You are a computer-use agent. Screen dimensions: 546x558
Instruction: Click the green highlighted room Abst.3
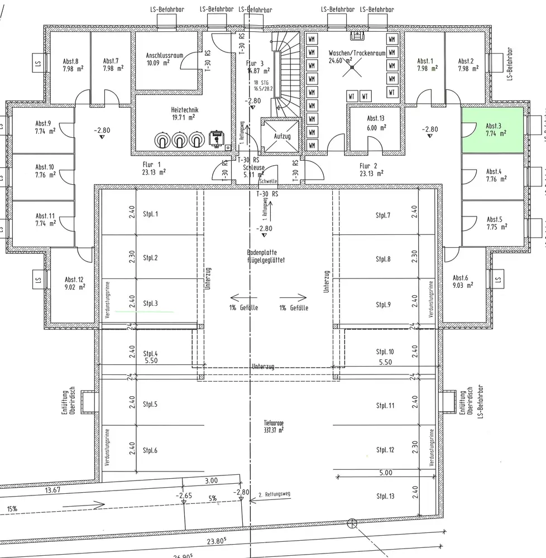[x=492, y=130]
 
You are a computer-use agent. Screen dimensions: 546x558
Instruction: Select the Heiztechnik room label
[x=184, y=114]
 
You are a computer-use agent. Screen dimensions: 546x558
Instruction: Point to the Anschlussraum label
[x=163, y=59]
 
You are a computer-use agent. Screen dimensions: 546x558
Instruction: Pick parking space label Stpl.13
[x=385, y=496]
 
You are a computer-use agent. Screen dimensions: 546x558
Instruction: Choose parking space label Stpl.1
[x=151, y=214]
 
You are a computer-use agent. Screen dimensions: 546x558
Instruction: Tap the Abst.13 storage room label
[x=375, y=123]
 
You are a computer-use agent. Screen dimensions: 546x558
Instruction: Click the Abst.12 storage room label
[x=74, y=283]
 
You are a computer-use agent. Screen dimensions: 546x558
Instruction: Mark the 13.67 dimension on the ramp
[x=52, y=490]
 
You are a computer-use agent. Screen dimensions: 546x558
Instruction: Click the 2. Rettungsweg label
[x=274, y=494]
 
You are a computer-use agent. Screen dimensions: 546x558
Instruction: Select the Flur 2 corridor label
[x=369, y=170]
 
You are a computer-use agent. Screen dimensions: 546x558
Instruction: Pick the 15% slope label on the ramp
[x=12, y=509]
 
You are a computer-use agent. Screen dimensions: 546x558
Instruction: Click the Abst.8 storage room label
[x=70, y=65]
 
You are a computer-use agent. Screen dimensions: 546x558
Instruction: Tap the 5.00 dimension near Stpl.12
[x=385, y=473]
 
